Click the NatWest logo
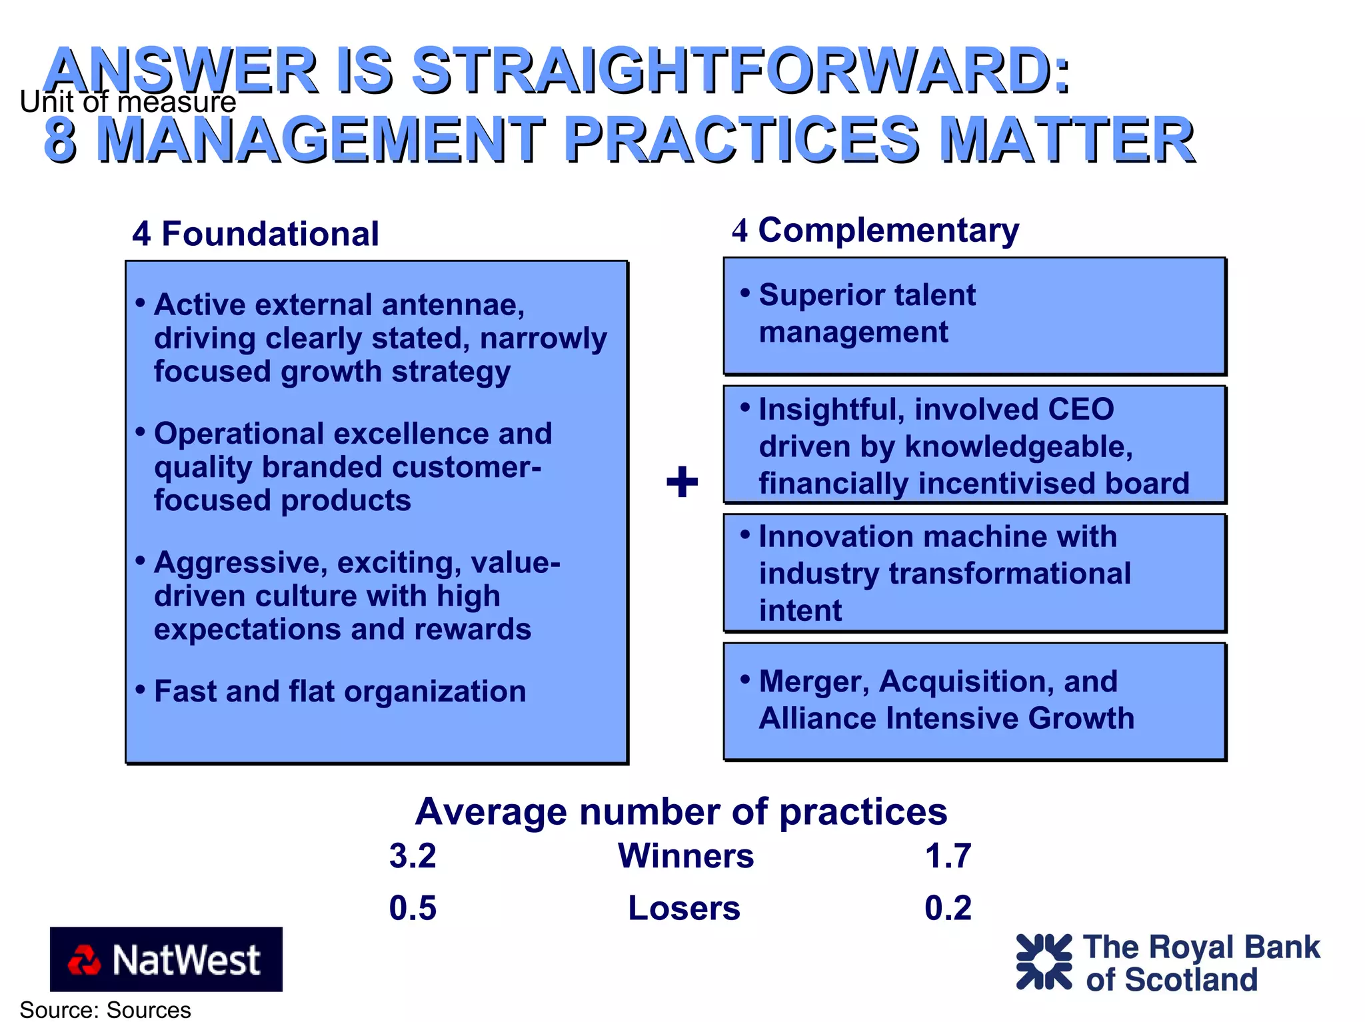(166, 959)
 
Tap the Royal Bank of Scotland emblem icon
(1044, 961)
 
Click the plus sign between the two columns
(682, 482)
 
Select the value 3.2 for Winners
(413, 856)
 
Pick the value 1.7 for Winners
(947, 856)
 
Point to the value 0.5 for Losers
(413, 908)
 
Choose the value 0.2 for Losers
(947, 908)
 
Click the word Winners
(685, 856)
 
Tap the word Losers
(684, 908)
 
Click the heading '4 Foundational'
(255, 234)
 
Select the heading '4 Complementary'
(875, 231)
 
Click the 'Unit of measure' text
(127, 102)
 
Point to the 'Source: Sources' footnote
(105, 1010)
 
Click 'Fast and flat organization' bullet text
(340, 691)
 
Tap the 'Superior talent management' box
(974, 315)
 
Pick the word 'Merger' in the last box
(814, 682)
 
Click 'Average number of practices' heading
(681, 811)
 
